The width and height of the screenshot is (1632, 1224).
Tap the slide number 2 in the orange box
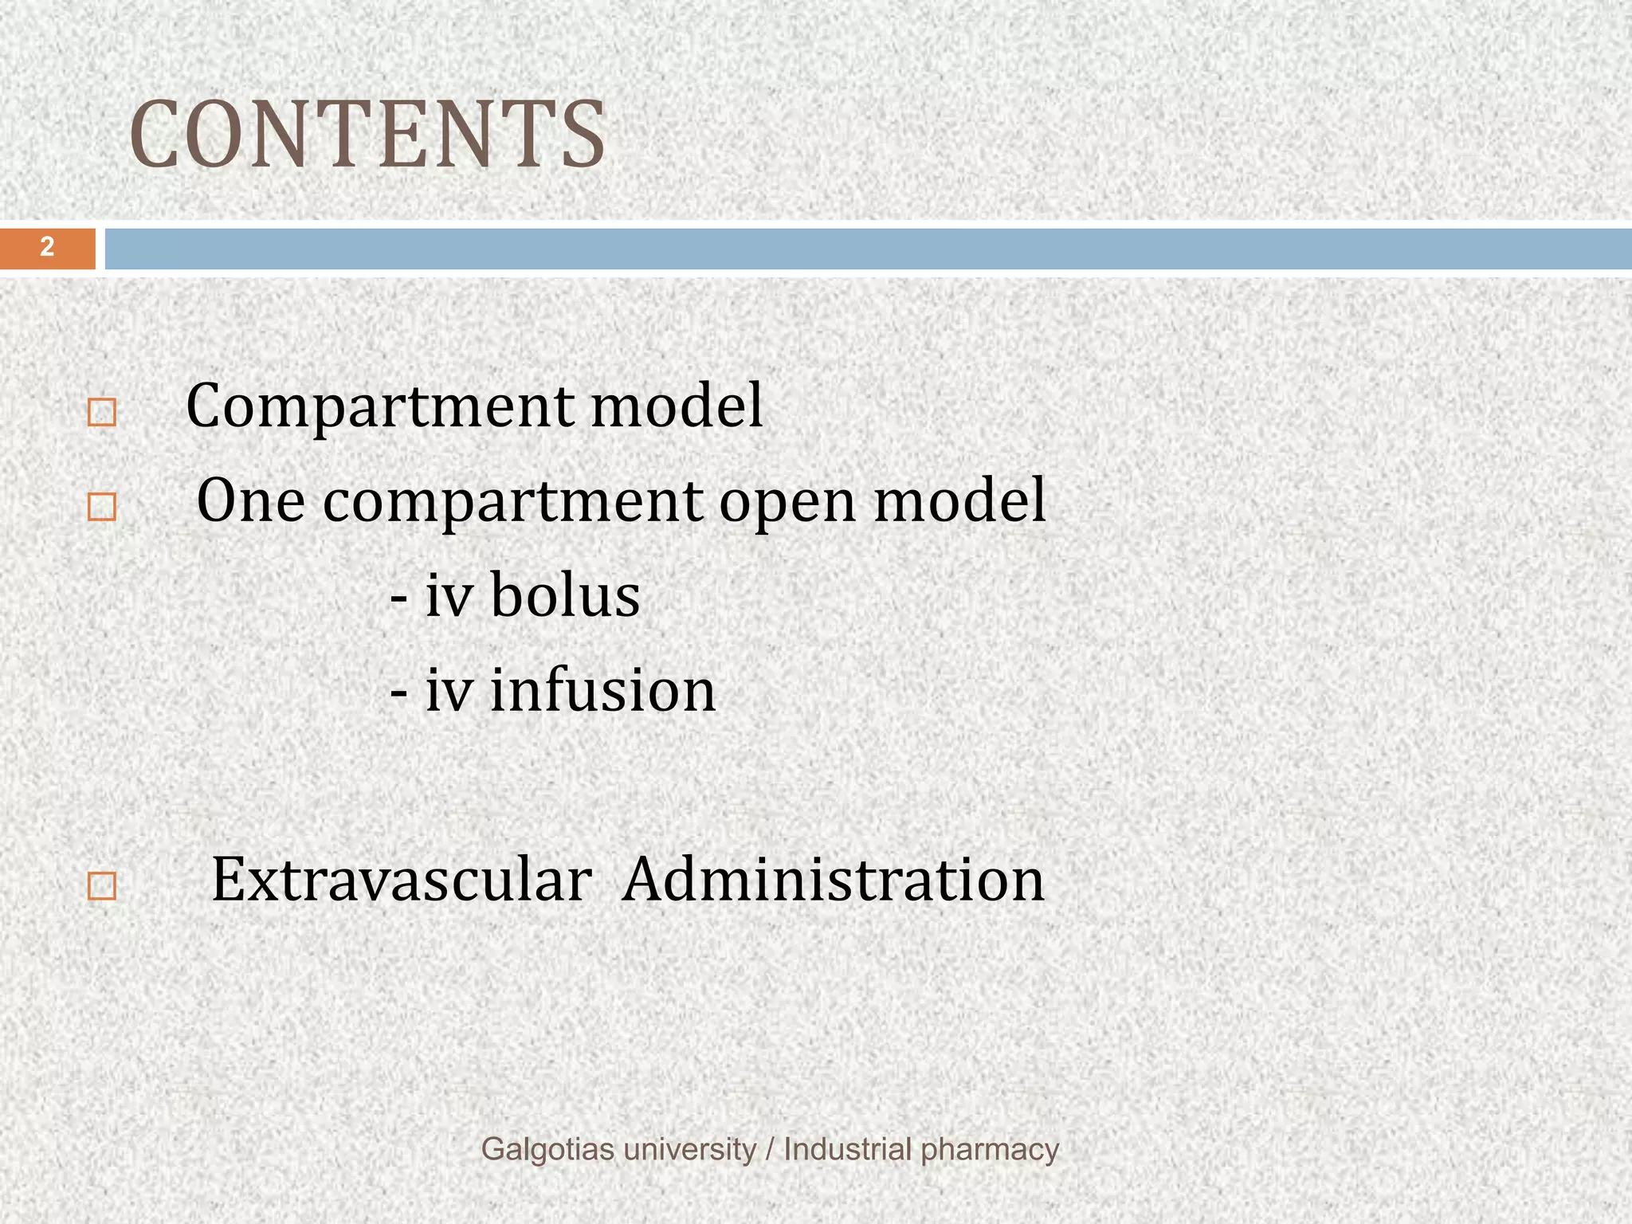tap(47, 247)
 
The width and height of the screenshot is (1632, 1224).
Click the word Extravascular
tap(401, 880)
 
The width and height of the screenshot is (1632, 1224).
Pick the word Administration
tap(833, 880)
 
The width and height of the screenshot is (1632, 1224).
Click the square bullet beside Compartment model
tap(102, 413)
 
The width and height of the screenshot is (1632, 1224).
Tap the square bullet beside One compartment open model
tap(102, 508)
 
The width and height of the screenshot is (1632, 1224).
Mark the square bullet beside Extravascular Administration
tap(102, 887)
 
